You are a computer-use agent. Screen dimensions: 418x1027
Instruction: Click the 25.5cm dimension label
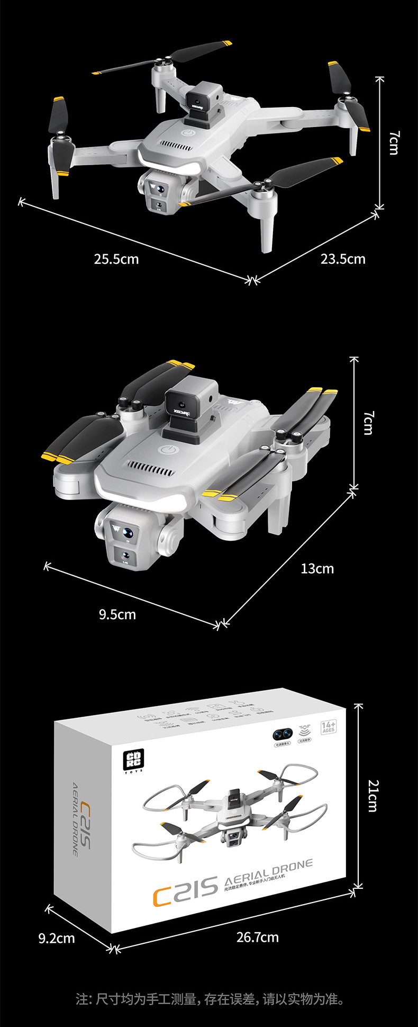click(116, 259)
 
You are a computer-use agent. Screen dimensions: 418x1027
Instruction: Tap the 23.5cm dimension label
click(343, 259)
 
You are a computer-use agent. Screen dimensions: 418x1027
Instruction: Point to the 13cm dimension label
click(317, 569)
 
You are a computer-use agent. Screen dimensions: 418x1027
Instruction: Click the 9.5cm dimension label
click(117, 614)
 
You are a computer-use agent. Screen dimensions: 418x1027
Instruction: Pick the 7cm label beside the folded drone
click(368, 423)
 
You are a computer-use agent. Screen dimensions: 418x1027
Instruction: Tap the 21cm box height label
click(374, 796)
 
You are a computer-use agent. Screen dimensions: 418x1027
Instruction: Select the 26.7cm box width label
click(258, 937)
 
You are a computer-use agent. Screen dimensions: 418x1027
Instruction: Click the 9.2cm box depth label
click(57, 939)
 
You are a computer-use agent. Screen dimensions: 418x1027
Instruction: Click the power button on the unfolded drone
click(186, 132)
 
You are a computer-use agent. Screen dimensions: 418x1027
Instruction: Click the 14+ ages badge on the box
click(328, 727)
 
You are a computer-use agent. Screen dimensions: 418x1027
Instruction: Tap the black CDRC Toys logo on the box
click(130, 760)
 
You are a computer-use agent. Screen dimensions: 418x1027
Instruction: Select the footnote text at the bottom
click(210, 999)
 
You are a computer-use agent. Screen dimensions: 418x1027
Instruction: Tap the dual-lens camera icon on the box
click(283, 734)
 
